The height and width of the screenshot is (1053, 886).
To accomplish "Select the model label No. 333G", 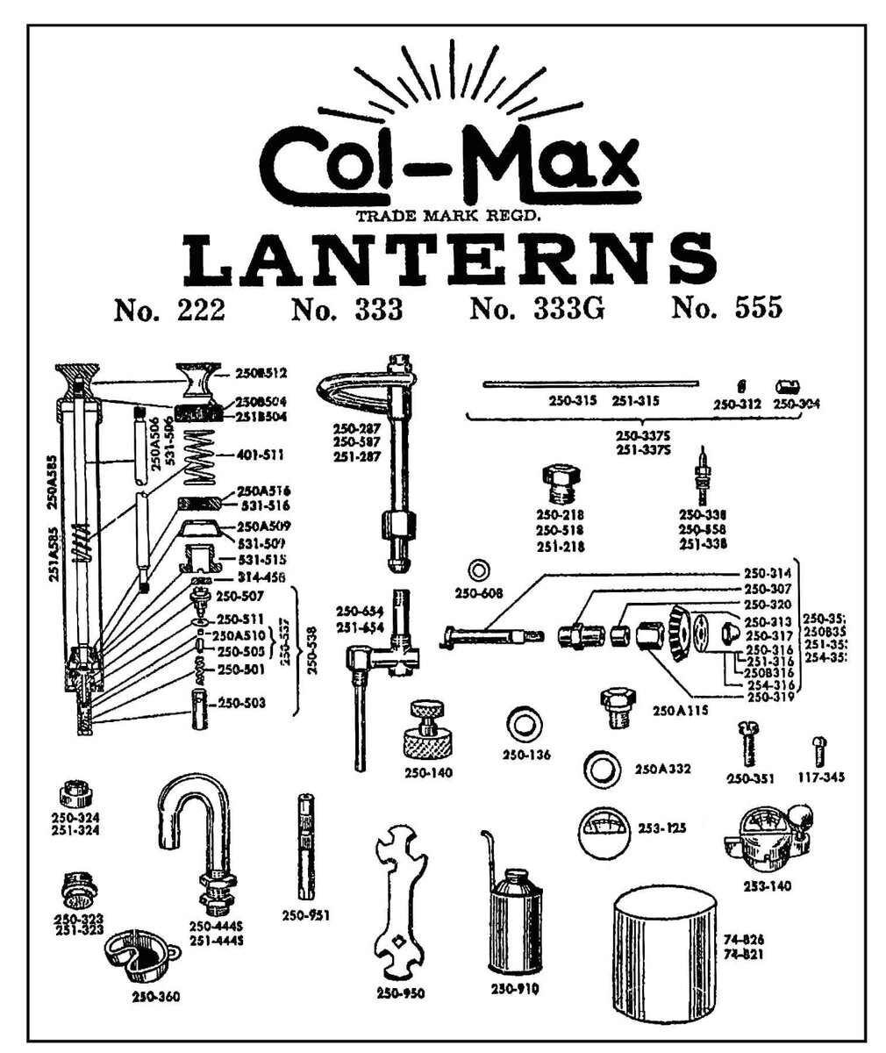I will (537, 309).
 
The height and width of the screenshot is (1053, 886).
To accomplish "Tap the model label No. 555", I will (726, 309).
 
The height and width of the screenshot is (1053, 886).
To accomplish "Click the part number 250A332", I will (663, 770).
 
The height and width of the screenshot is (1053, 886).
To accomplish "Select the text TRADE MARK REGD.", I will (447, 216).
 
